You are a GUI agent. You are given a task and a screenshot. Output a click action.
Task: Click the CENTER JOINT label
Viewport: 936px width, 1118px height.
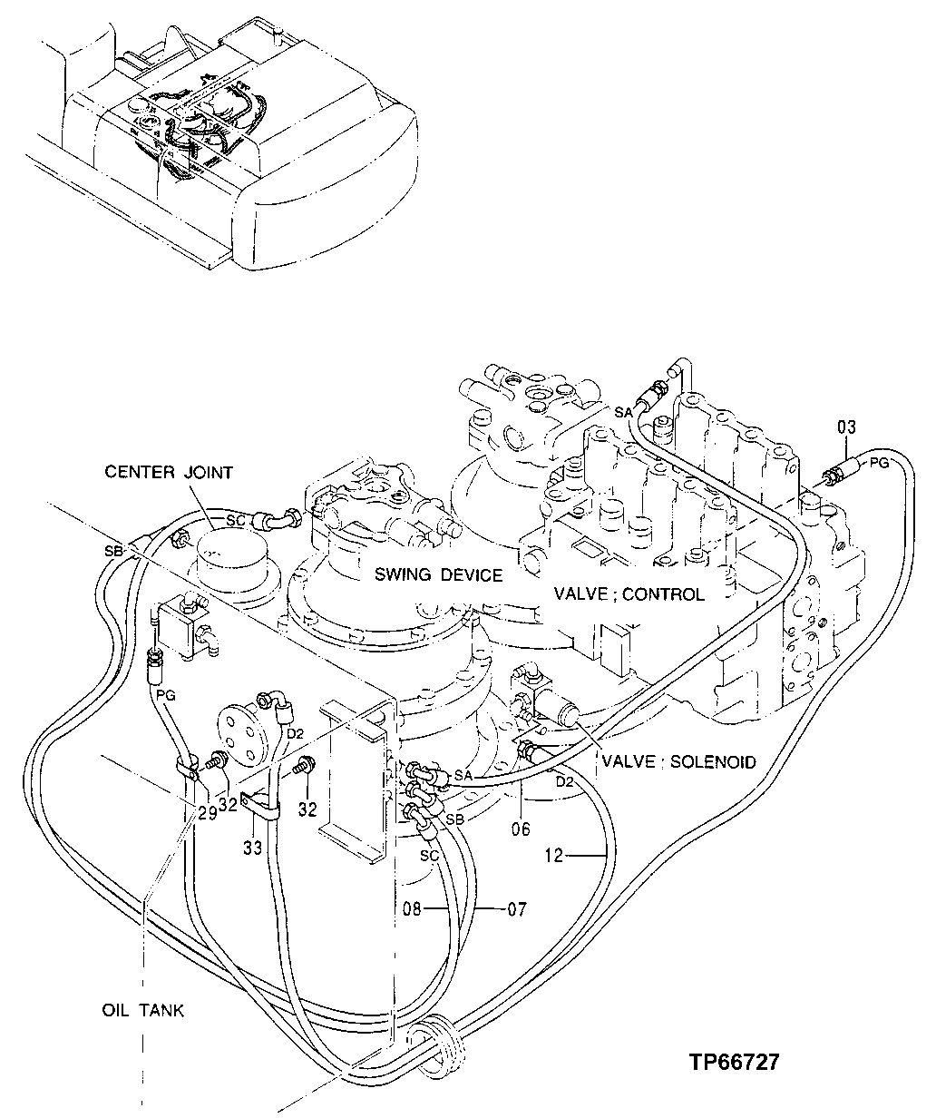169,472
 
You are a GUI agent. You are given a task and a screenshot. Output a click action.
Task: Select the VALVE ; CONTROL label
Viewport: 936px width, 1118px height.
629,594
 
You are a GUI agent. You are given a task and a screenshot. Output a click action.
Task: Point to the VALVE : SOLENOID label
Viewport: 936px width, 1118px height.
676,762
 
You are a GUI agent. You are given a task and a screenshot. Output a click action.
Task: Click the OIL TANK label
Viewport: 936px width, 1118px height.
142,1010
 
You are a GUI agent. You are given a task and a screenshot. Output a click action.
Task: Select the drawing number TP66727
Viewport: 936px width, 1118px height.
733,1063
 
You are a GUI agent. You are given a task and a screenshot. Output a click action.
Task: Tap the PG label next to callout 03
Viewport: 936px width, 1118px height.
879,464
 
